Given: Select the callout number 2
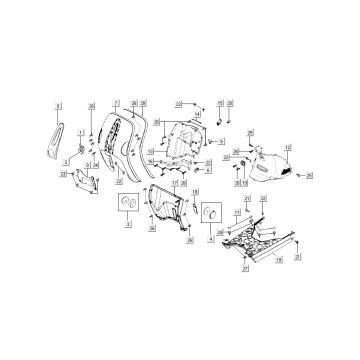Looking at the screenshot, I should coord(66,160).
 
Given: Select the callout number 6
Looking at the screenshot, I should coord(207,170).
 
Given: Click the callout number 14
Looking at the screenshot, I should coord(198,117).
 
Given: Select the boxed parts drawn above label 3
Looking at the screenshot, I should coord(127,208).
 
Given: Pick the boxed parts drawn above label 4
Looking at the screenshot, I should coord(211,217).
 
